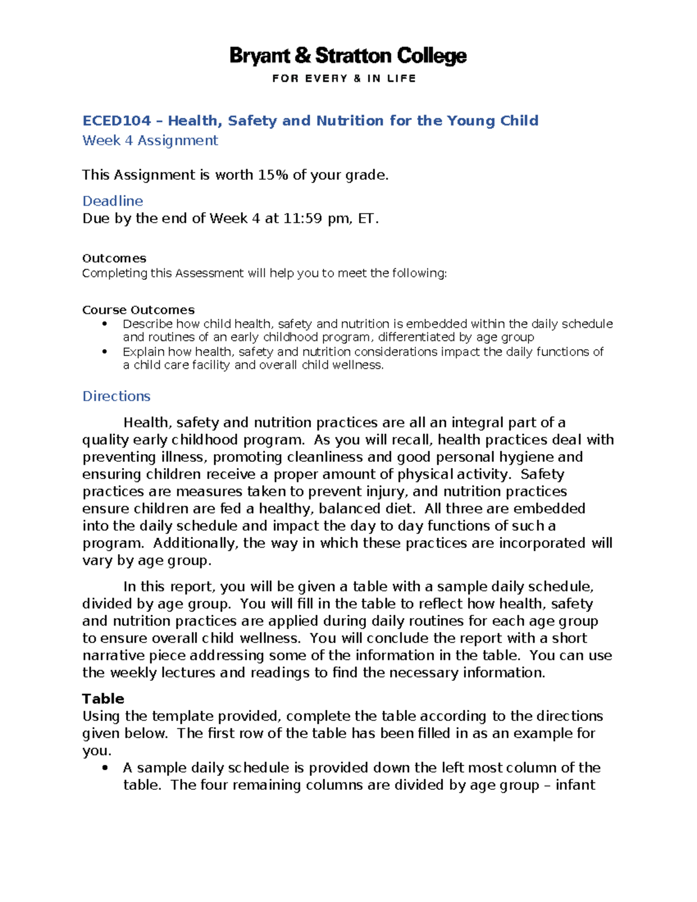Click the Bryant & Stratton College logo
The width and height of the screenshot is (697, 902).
[348, 56]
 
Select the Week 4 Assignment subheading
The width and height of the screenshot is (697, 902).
[150, 141]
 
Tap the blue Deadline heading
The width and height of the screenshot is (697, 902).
[113, 201]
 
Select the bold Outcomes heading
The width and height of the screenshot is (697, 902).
[114, 258]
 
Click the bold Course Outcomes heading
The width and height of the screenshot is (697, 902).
[138, 310]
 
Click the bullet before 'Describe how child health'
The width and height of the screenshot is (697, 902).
[105, 324]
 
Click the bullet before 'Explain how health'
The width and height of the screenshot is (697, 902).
[105, 351]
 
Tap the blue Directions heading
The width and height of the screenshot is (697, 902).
[116, 396]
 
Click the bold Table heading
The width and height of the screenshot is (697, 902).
[103, 699]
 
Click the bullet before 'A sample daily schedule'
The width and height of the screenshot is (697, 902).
[105, 768]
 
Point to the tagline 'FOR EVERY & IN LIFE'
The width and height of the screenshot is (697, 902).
[344, 78]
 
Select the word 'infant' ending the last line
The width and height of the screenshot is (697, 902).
[575, 785]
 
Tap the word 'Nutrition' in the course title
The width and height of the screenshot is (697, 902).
[350, 121]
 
